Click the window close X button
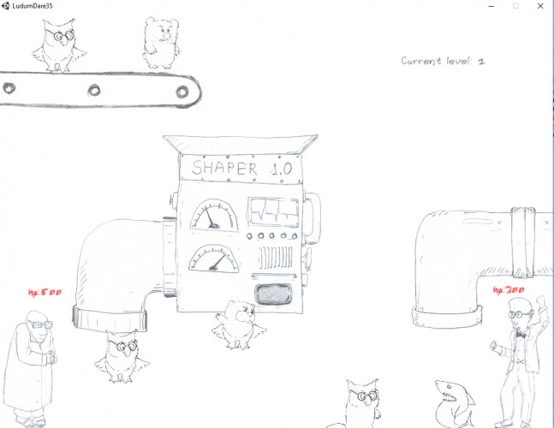[x=540, y=6]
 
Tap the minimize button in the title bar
[x=491, y=6]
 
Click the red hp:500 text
[x=45, y=293]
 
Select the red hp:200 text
[x=509, y=290]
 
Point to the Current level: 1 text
[x=443, y=61]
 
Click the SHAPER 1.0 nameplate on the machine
[x=241, y=169]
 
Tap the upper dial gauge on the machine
[x=214, y=215]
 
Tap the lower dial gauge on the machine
[x=213, y=259]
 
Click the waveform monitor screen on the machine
[x=273, y=212]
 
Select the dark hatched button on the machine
[x=273, y=294]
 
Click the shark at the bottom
[x=455, y=404]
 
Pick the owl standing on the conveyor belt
[x=59, y=45]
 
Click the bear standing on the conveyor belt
[x=162, y=43]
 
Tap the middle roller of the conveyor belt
[x=94, y=91]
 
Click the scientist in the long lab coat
[x=30, y=369]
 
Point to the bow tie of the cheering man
[x=520, y=333]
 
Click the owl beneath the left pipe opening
[x=122, y=356]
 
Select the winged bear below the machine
[x=239, y=325]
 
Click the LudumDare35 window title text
[x=33, y=6]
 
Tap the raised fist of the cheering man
[x=540, y=303]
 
